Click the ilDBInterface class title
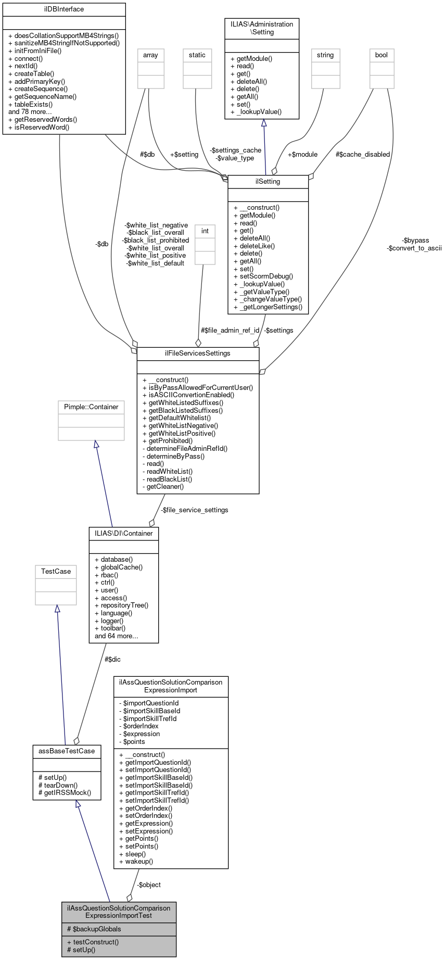[x=64, y=9]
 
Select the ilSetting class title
[x=268, y=182]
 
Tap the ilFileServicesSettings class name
[x=197, y=353]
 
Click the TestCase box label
[x=56, y=572]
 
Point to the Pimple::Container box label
[x=91, y=407]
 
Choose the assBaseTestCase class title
[x=67, y=751]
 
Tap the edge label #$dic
[x=112, y=660]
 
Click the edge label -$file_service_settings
[x=194, y=510]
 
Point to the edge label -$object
[x=149, y=885]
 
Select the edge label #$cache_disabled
[x=363, y=155]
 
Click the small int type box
[x=205, y=232]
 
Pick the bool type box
[x=382, y=56]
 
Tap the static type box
[x=197, y=56]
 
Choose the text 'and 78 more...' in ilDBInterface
[x=30, y=112]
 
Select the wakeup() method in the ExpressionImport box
[x=139, y=862]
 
